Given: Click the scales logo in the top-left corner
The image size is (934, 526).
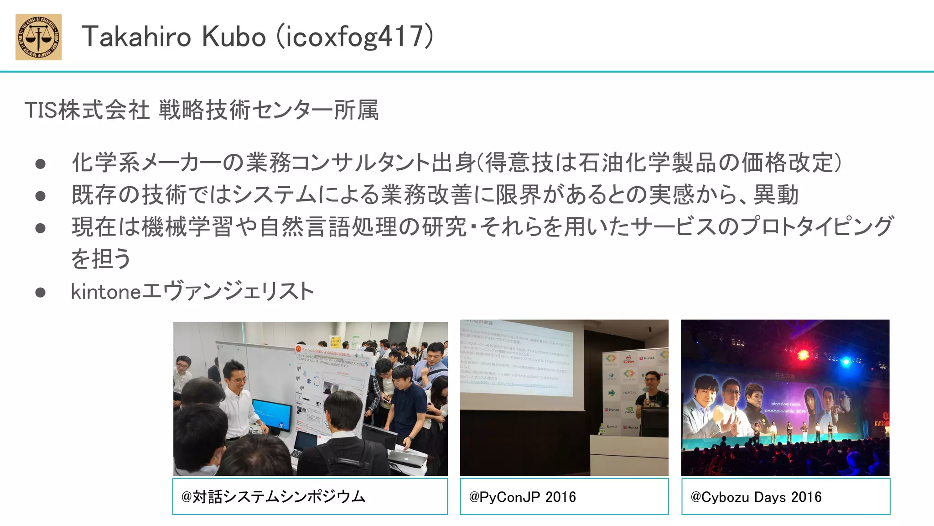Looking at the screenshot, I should pos(39,37).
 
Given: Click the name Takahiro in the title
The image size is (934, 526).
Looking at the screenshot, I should pos(136,37).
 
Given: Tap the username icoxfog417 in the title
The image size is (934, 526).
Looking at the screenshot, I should pos(355,37).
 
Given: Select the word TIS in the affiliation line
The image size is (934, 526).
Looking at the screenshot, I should pos(41,110).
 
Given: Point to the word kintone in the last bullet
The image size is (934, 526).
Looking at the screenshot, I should pos(106,291).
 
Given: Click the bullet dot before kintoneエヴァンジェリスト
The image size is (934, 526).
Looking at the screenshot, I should pos(41,292).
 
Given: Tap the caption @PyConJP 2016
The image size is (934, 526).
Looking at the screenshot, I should pos(523,497).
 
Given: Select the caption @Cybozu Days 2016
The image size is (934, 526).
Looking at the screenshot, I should pos(756,497).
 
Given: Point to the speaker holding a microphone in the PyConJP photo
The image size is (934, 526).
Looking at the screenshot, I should pos(652,393).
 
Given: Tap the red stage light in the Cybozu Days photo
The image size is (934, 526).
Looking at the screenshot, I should pos(803,355).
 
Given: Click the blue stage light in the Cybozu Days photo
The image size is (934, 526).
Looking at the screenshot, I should pos(846,361).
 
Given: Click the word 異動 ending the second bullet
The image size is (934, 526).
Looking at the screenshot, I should pos(776,195).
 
